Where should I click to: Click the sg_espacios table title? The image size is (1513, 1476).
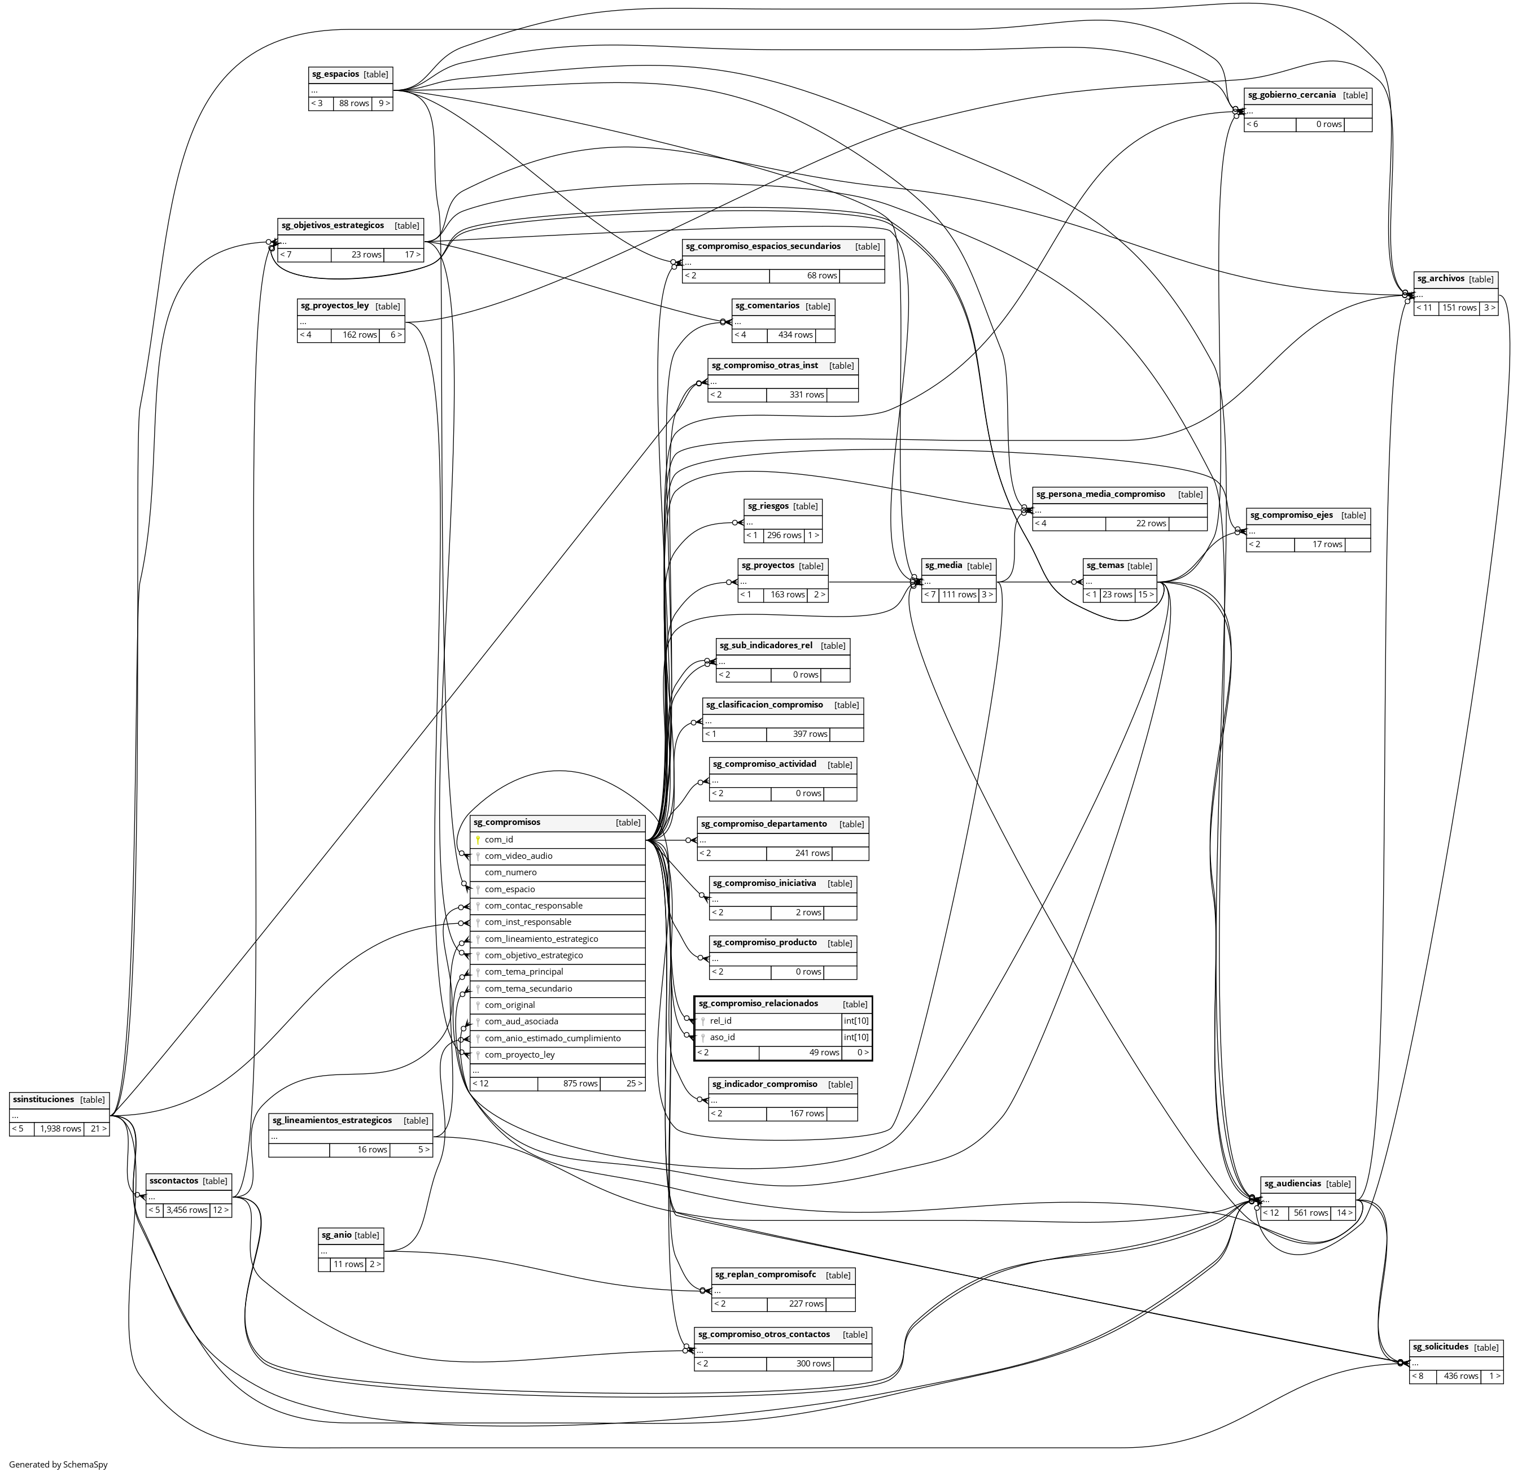tap(335, 75)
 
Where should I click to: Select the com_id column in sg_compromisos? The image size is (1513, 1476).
tap(499, 840)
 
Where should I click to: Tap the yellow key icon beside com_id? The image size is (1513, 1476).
tap(478, 840)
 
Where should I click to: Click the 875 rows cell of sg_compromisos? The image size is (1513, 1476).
tap(580, 1083)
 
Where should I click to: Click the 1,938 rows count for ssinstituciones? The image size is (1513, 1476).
tap(60, 1129)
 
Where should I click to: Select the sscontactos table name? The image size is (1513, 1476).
tap(174, 1181)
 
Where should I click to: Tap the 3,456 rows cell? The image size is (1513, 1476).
tap(187, 1210)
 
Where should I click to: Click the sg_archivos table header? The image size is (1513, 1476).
tap(1441, 279)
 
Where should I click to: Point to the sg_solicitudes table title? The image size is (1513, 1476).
tap(1440, 1347)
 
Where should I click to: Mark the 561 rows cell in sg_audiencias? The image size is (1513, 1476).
tap(1310, 1213)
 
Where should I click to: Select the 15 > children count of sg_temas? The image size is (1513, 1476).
tap(1145, 595)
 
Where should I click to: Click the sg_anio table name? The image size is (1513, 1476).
tap(335, 1235)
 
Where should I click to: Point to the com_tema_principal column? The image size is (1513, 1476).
tap(524, 972)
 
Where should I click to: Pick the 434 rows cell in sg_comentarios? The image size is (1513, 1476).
tap(795, 335)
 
